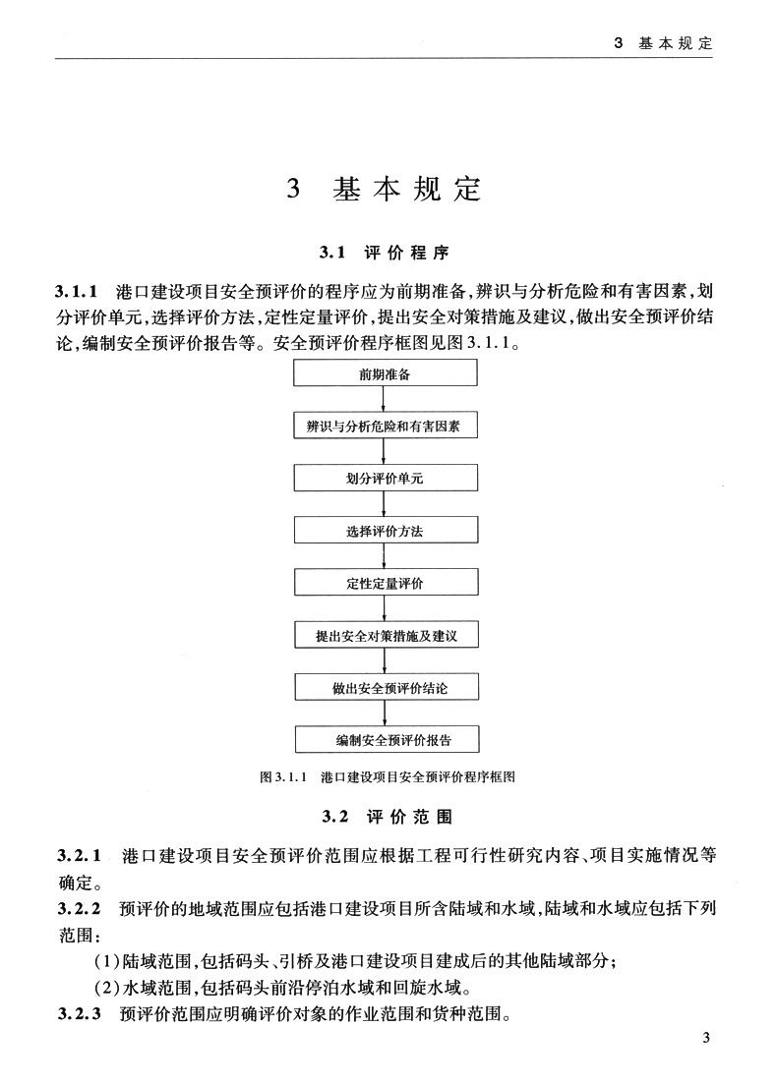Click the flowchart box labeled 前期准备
point(386,373)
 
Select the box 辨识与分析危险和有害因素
point(386,427)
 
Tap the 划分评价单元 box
point(386,479)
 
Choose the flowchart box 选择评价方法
point(386,531)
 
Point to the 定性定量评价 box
point(386,583)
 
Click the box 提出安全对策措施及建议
point(386,635)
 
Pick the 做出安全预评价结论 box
point(386,687)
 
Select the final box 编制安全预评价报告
point(386,739)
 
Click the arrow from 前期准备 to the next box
point(386,400)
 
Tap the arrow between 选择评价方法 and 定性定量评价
point(386,557)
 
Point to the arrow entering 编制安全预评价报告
point(386,714)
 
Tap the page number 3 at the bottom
point(705,1039)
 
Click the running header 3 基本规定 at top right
point(663,44)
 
